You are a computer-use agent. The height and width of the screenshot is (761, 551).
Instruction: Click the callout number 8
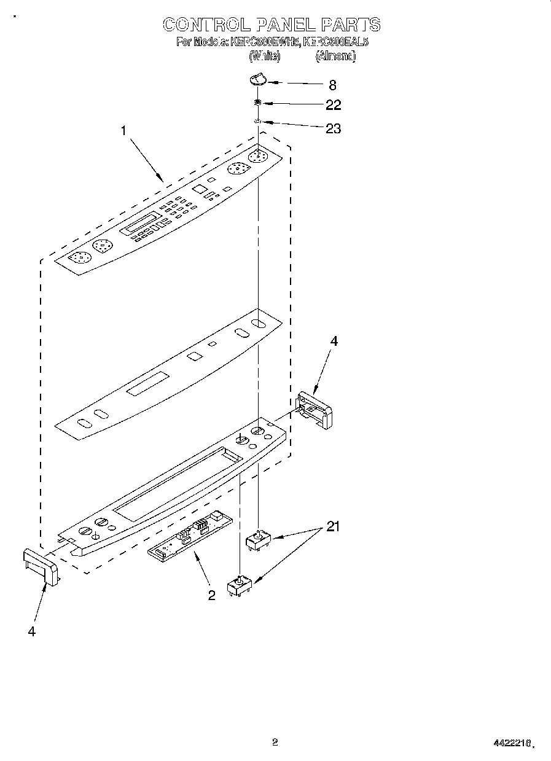(332, 85)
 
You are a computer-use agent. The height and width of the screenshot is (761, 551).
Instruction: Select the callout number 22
(333, 105)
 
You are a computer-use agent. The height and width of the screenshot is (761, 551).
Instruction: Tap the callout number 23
(333, 128)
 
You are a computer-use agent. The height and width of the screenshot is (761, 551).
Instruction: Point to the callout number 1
(123, 130)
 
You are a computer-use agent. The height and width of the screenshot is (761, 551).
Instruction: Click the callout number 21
(333, 526)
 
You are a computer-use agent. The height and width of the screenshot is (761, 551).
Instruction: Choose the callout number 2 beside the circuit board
(211, 595)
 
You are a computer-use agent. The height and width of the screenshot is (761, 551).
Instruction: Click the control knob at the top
(258, 79)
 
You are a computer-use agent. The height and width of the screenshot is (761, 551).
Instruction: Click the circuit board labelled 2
(190, 536)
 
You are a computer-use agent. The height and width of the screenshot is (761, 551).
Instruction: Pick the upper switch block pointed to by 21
(258, 542)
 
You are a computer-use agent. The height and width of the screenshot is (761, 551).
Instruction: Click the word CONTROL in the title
(206, 25)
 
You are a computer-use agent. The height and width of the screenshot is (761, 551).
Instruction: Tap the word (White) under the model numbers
(264, 56)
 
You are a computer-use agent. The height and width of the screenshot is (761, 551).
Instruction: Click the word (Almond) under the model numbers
(335, 56)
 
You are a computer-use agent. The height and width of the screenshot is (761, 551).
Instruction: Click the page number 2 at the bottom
(275, 742)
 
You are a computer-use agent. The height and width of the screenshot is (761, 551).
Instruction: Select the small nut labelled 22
(259, 103)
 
